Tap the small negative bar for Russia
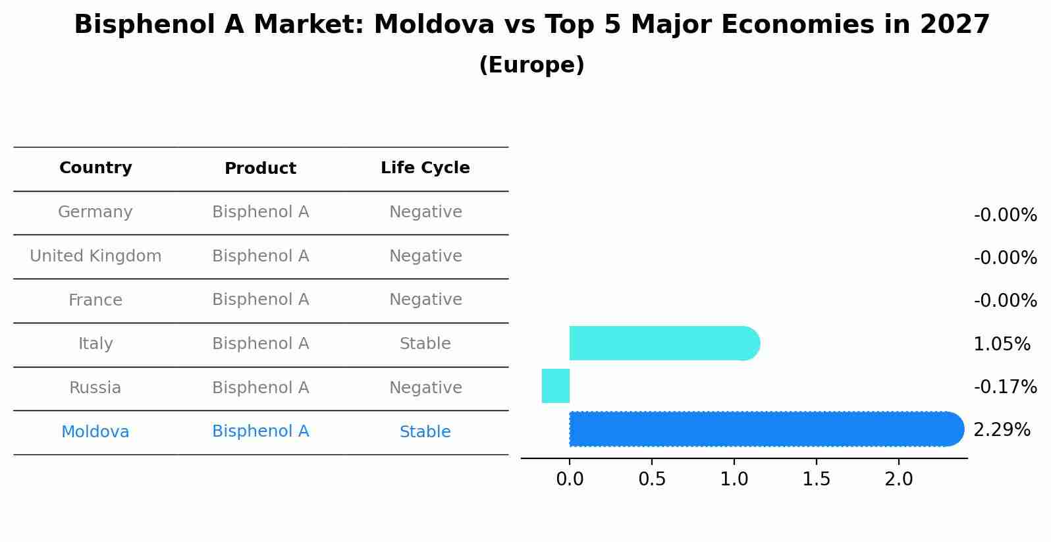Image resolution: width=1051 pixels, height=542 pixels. click(556, 386)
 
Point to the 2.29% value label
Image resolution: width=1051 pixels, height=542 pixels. click(1002, 430)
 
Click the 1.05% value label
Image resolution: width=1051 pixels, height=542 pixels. click(1002, 344)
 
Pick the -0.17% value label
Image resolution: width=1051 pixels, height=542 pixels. click(1005, 387)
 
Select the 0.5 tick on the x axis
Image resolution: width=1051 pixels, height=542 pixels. click(652, 479)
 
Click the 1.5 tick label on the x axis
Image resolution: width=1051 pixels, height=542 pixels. click(817, 479)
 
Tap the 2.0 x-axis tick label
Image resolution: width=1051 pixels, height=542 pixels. click(899, 479)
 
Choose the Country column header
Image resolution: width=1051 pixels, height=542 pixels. click(95, 168)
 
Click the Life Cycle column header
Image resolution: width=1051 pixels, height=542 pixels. click(425, 168)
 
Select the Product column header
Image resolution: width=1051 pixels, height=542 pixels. click(260, 169)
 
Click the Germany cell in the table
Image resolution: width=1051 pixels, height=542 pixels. click(95, 212)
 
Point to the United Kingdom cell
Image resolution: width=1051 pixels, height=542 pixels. click(95, 256)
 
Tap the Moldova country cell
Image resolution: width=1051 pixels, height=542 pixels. click(95, 432)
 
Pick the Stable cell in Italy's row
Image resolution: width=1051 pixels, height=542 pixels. click(425, 344)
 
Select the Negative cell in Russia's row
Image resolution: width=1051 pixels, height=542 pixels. click(425, 388)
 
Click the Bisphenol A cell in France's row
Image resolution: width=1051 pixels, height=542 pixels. click(260, 300)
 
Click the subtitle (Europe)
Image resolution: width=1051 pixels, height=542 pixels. click(531, 65)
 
